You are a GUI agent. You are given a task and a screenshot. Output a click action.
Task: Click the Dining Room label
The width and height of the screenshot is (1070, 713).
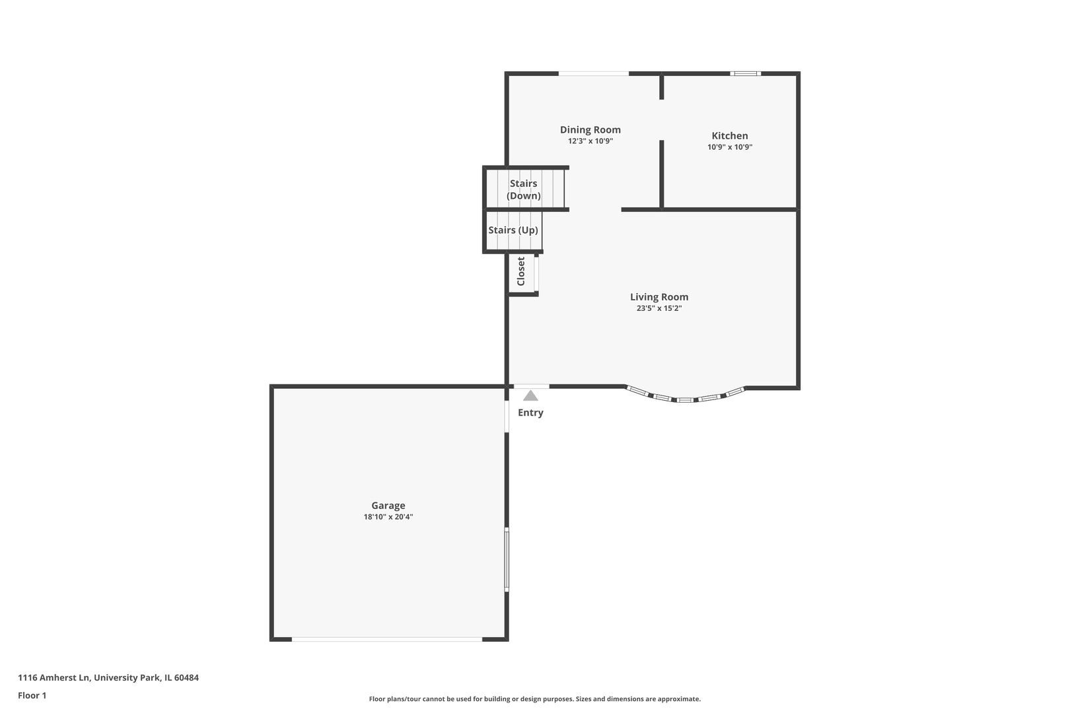click(x=590, y=129)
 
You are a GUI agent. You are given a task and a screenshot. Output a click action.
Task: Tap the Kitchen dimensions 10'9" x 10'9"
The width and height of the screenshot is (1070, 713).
click(x=729, y=147)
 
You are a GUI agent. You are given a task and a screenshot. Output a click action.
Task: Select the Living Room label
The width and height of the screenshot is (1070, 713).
click(x=659, y=297)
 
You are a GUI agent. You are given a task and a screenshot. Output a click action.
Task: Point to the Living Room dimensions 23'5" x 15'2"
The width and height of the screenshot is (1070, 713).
click(x=659, y=308)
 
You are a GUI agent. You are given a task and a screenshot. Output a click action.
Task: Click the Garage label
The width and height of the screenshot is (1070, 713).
click(x=388, y=506)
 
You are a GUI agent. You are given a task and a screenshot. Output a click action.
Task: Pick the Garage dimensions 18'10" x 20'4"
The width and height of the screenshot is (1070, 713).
click(x=388, y=517)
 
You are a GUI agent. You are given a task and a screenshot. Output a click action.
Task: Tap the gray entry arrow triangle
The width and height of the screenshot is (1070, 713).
click(x=530, y=395)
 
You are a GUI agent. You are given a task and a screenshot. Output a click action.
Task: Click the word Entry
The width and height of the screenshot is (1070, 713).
click(x=530, y=413)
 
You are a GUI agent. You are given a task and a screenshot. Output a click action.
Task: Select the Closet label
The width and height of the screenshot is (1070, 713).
click(x=520, y=271)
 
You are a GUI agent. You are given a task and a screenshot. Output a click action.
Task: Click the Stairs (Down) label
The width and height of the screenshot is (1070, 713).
click(x=523, y=189)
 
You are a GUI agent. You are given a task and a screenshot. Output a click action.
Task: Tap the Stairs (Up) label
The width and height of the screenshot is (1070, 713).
click(x=513, y=230)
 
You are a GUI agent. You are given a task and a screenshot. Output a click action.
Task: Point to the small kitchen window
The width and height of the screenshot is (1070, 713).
click(x=745, y=73)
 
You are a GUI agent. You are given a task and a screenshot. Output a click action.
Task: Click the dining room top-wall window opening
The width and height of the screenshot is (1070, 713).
click(x=593, y=73)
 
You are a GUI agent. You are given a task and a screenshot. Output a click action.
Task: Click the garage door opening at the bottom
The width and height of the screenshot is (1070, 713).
click(x=387, y=639)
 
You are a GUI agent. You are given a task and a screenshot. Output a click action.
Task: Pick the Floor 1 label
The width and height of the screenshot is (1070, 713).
click(x=32, y=695)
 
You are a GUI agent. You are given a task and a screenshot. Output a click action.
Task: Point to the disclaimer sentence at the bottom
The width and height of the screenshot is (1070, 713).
click(x=534, y=698)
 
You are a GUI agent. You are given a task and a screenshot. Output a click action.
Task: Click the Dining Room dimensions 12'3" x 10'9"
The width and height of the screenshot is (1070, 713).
click(x=590, y=141)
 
